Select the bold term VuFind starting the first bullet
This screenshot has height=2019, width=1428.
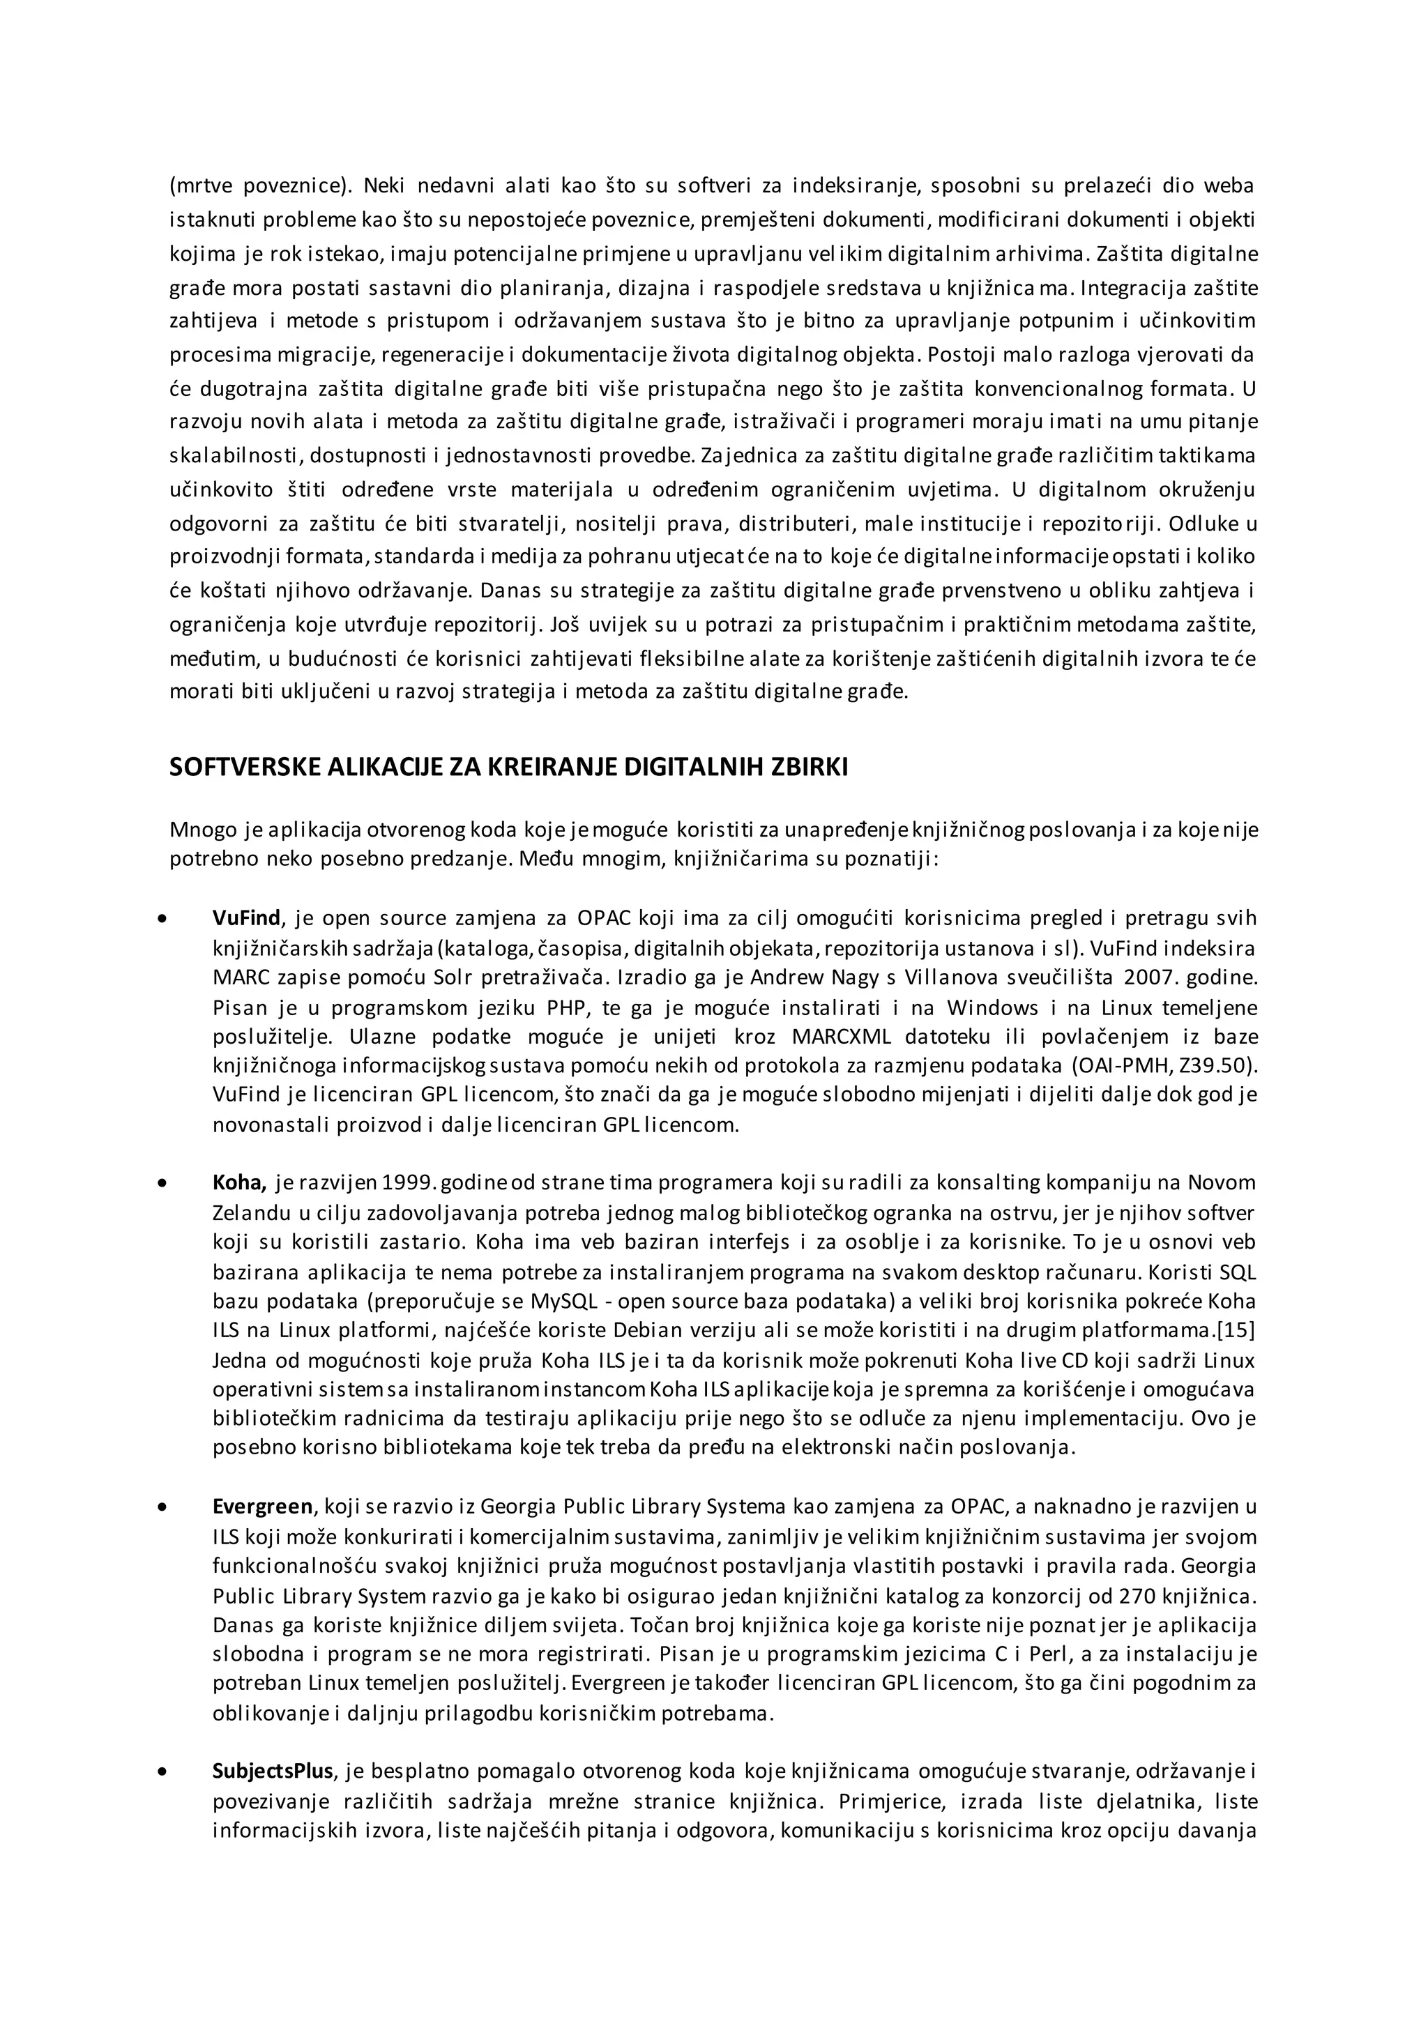coord(245,918)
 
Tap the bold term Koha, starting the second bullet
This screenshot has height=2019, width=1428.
coord(239,1182)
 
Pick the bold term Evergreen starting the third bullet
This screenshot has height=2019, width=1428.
coord(262,1507)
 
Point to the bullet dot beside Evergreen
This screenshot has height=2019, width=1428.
coord(161,1507)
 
